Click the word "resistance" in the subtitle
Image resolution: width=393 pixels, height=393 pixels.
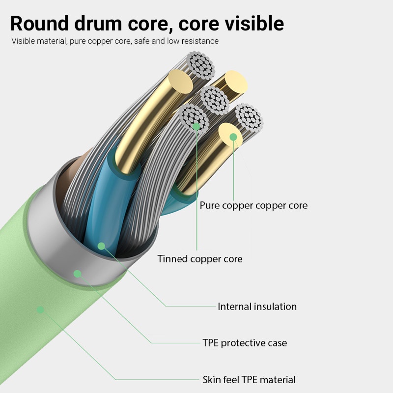(x=199, y=41)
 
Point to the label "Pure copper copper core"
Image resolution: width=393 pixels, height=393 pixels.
(x=253, y=205)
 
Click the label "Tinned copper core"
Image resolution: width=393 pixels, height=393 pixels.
(x=199, y=259)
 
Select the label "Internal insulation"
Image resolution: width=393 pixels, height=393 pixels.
(x=257, y=307)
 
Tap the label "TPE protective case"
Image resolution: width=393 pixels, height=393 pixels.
(x=245, y=343)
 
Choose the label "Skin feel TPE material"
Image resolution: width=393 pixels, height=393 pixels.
(x=249, y=380)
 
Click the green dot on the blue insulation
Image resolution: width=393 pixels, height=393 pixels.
(x=101, y=245)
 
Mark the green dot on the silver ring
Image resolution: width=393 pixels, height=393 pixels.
(x=77, y=274)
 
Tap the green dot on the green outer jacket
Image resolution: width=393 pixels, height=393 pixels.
(x=40, y=309)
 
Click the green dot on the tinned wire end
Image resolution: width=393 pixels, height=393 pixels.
(x=196, y=127)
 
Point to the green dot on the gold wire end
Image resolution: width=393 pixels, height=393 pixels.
(x=233, y=137)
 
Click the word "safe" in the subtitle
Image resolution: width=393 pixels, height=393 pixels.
(x=141, y=41)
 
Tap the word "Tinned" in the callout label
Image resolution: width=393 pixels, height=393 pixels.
(x=172, y=259)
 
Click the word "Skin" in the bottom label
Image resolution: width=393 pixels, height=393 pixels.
(x=212, y=380)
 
